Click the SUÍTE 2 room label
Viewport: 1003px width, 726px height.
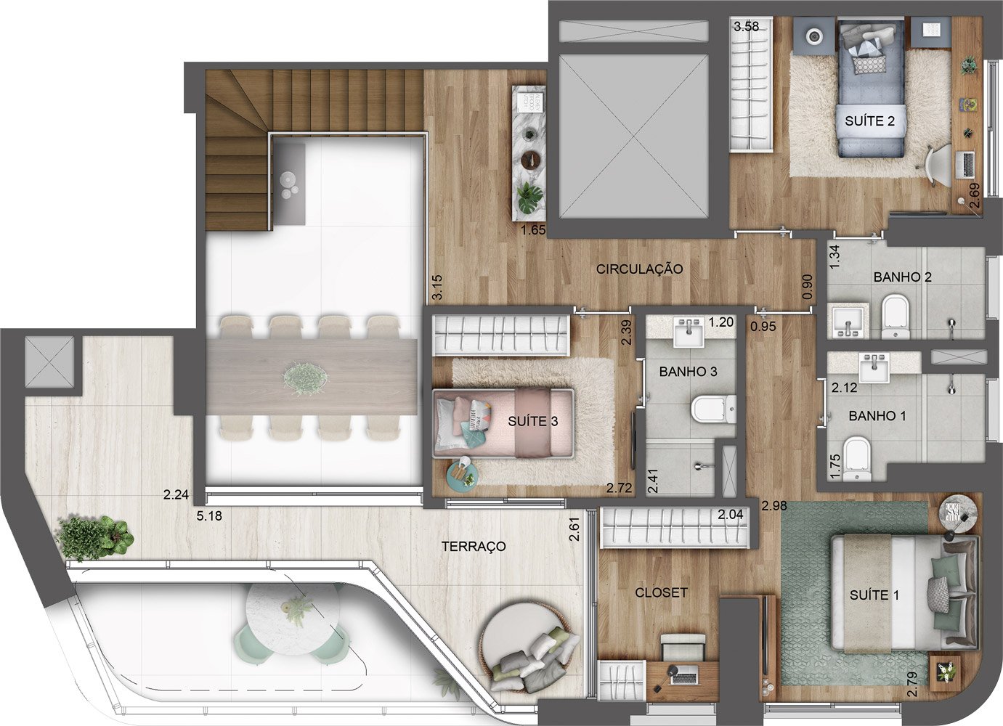click(869, 121)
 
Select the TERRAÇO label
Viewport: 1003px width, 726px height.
click(474, 546)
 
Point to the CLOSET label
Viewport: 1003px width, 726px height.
click(662, 592)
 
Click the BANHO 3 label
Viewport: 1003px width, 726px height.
click(689, 372)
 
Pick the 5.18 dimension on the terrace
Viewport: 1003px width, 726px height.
click(209, 516)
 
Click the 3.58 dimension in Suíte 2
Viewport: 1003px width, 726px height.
click(747, 27)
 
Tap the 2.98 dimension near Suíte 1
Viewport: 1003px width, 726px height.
click(774, 506)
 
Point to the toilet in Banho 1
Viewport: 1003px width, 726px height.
click(856, 460)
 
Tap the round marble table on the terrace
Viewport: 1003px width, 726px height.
click(293, 619)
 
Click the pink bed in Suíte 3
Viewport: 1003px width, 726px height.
click(503, 423)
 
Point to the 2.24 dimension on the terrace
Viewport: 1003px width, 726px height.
click(176, 494)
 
